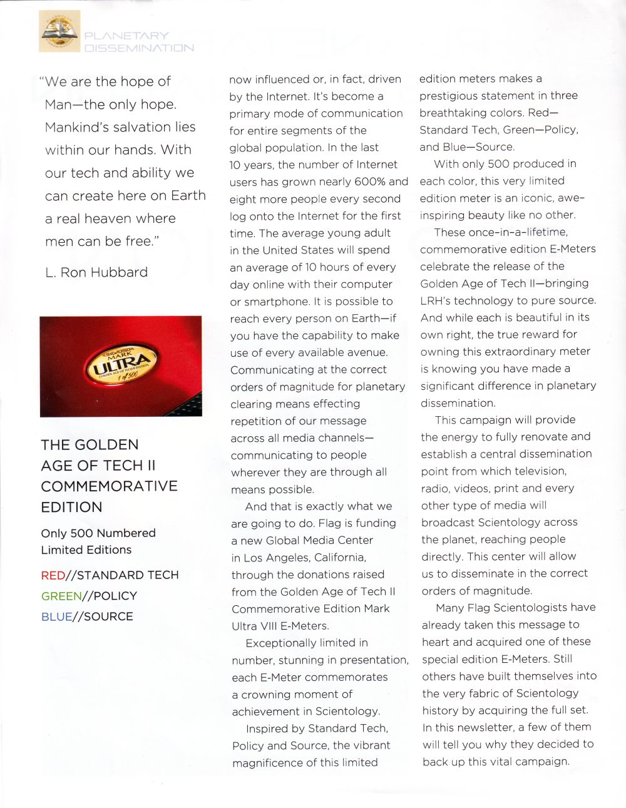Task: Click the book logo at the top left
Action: (x=59, y=32)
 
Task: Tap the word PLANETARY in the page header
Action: (x=126, y=36)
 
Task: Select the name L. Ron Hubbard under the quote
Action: (x=96, y=272)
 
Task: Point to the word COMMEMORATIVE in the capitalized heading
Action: (x=109, y=486)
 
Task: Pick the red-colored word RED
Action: (x=53, y=575)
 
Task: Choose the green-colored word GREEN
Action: (x=61, y=596)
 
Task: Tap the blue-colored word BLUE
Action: (x=56, y=616)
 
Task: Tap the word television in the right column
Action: (x=536, y=471)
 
